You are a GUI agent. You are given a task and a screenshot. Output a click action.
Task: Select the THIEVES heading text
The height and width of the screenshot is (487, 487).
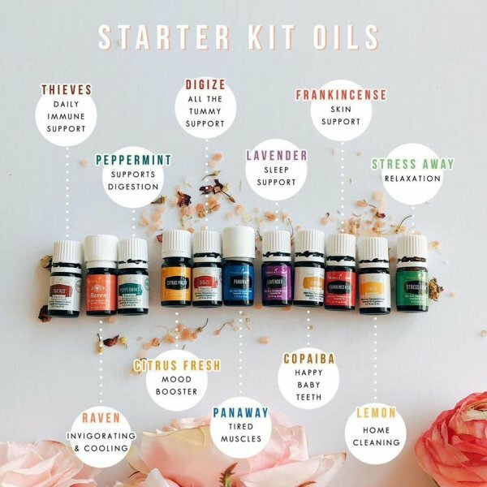(x=67, y=91)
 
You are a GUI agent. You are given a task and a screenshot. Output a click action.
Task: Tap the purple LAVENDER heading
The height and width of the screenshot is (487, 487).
(x=277, y=155)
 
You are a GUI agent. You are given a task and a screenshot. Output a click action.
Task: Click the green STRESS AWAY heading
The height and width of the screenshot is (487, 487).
(x=412, y=164)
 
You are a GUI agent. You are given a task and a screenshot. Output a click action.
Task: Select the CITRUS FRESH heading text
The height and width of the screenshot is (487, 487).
(x=176, y=365)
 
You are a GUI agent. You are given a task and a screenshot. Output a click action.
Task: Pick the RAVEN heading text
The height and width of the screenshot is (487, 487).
(x=101, y=418)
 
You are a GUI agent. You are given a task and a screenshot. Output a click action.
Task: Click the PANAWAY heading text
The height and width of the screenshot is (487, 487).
(x=240, y=412)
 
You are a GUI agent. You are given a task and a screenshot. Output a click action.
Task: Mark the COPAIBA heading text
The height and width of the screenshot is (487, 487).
(x=308, y=358)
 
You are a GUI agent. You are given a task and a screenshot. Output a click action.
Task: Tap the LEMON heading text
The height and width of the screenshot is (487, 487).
(x=377, y=412)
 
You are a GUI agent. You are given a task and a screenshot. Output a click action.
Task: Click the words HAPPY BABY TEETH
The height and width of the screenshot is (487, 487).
(x=308, y=386)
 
